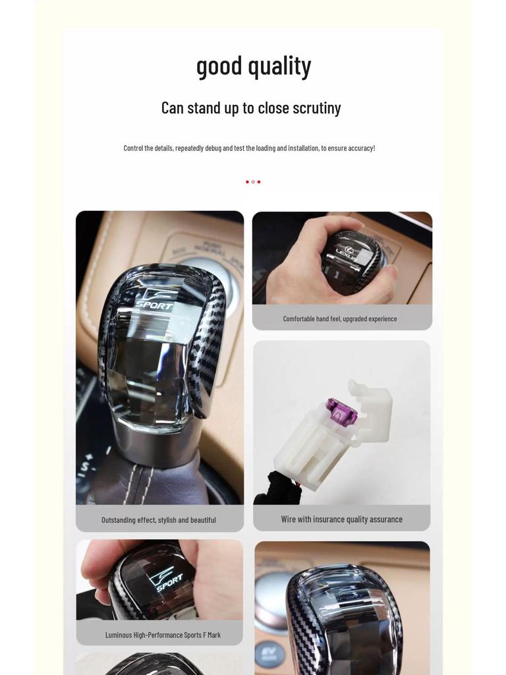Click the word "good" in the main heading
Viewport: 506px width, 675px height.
[x=219, y=67]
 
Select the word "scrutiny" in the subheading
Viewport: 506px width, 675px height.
[x=317, y=108]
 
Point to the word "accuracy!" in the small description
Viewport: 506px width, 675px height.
[x=362, y=148]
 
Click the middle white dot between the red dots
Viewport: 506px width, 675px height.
[x=253, y=182]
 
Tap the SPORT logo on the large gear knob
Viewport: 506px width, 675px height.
[x=155, y=300]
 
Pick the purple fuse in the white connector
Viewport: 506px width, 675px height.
[x=341, y=410]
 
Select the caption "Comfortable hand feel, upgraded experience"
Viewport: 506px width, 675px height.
[x=340, y=319]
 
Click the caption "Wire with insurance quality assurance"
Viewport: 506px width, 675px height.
[x=342, y=519]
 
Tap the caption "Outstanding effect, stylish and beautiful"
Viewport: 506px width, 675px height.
[x=159, y=520]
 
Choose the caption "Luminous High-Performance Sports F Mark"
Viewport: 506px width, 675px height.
[x=163, y=635]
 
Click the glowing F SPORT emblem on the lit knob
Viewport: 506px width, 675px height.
[x=165, y=579]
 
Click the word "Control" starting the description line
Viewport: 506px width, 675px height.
[x=133, y=148]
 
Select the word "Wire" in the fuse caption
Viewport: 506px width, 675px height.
[x=289, y=519]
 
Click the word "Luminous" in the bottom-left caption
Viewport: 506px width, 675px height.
[x=119, y=635]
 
